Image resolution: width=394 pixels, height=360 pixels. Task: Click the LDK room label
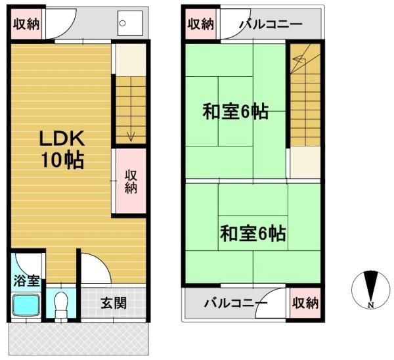62,138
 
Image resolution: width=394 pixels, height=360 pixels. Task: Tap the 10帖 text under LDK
62,160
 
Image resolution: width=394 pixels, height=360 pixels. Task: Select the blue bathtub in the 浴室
26,305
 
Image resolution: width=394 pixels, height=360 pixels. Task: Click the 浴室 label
26,281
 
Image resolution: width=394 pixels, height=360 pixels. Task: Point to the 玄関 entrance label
114,303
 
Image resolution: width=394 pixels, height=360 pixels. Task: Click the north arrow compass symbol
371,290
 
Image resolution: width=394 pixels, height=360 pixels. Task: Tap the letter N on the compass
371,305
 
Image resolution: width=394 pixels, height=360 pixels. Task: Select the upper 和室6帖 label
236,112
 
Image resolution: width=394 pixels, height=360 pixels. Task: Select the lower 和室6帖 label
253,233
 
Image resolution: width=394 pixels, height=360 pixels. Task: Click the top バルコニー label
271,24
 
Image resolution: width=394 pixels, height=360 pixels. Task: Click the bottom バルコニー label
236,304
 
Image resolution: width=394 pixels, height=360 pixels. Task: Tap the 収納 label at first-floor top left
26,24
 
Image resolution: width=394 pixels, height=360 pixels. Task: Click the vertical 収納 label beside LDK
131,181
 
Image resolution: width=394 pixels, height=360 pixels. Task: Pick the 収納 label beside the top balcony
201,24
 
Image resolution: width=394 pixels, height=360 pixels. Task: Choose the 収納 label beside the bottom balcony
305,303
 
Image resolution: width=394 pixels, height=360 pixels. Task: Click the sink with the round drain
130,23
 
